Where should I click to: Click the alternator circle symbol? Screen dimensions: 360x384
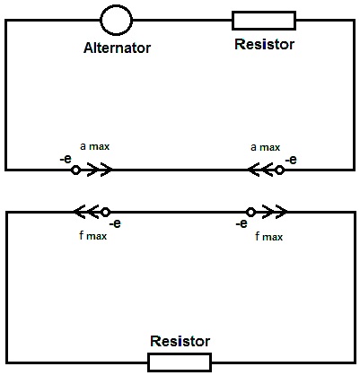coord(116,6)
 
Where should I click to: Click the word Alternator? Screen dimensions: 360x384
coord(117,48)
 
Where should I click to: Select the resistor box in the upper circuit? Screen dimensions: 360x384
coord(264,13)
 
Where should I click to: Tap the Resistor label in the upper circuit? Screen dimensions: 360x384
coord(264,44)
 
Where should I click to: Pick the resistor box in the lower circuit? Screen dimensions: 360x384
coord(180,354)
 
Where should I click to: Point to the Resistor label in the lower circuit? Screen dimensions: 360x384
coord(180,341)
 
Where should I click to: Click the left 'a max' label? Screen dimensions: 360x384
coord(95,146)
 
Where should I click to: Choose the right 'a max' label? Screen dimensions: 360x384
coord(266,147)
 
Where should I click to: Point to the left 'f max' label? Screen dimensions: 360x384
coord(92,236)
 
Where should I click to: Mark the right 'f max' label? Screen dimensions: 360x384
coord(268,237)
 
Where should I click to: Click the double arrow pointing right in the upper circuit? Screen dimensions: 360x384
coord(100,170)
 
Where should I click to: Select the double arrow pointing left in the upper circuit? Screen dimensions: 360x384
coord(261,170)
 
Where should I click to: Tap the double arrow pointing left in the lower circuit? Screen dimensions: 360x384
coord(87,212)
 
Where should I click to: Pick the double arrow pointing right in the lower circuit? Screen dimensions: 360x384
coord(275,212)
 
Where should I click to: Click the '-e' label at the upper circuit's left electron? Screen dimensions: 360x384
coord(66,159)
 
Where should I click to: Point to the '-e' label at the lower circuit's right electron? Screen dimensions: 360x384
coord(241,223)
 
